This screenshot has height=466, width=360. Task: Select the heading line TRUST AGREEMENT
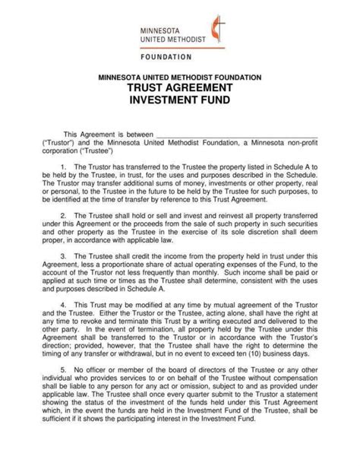180,88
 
